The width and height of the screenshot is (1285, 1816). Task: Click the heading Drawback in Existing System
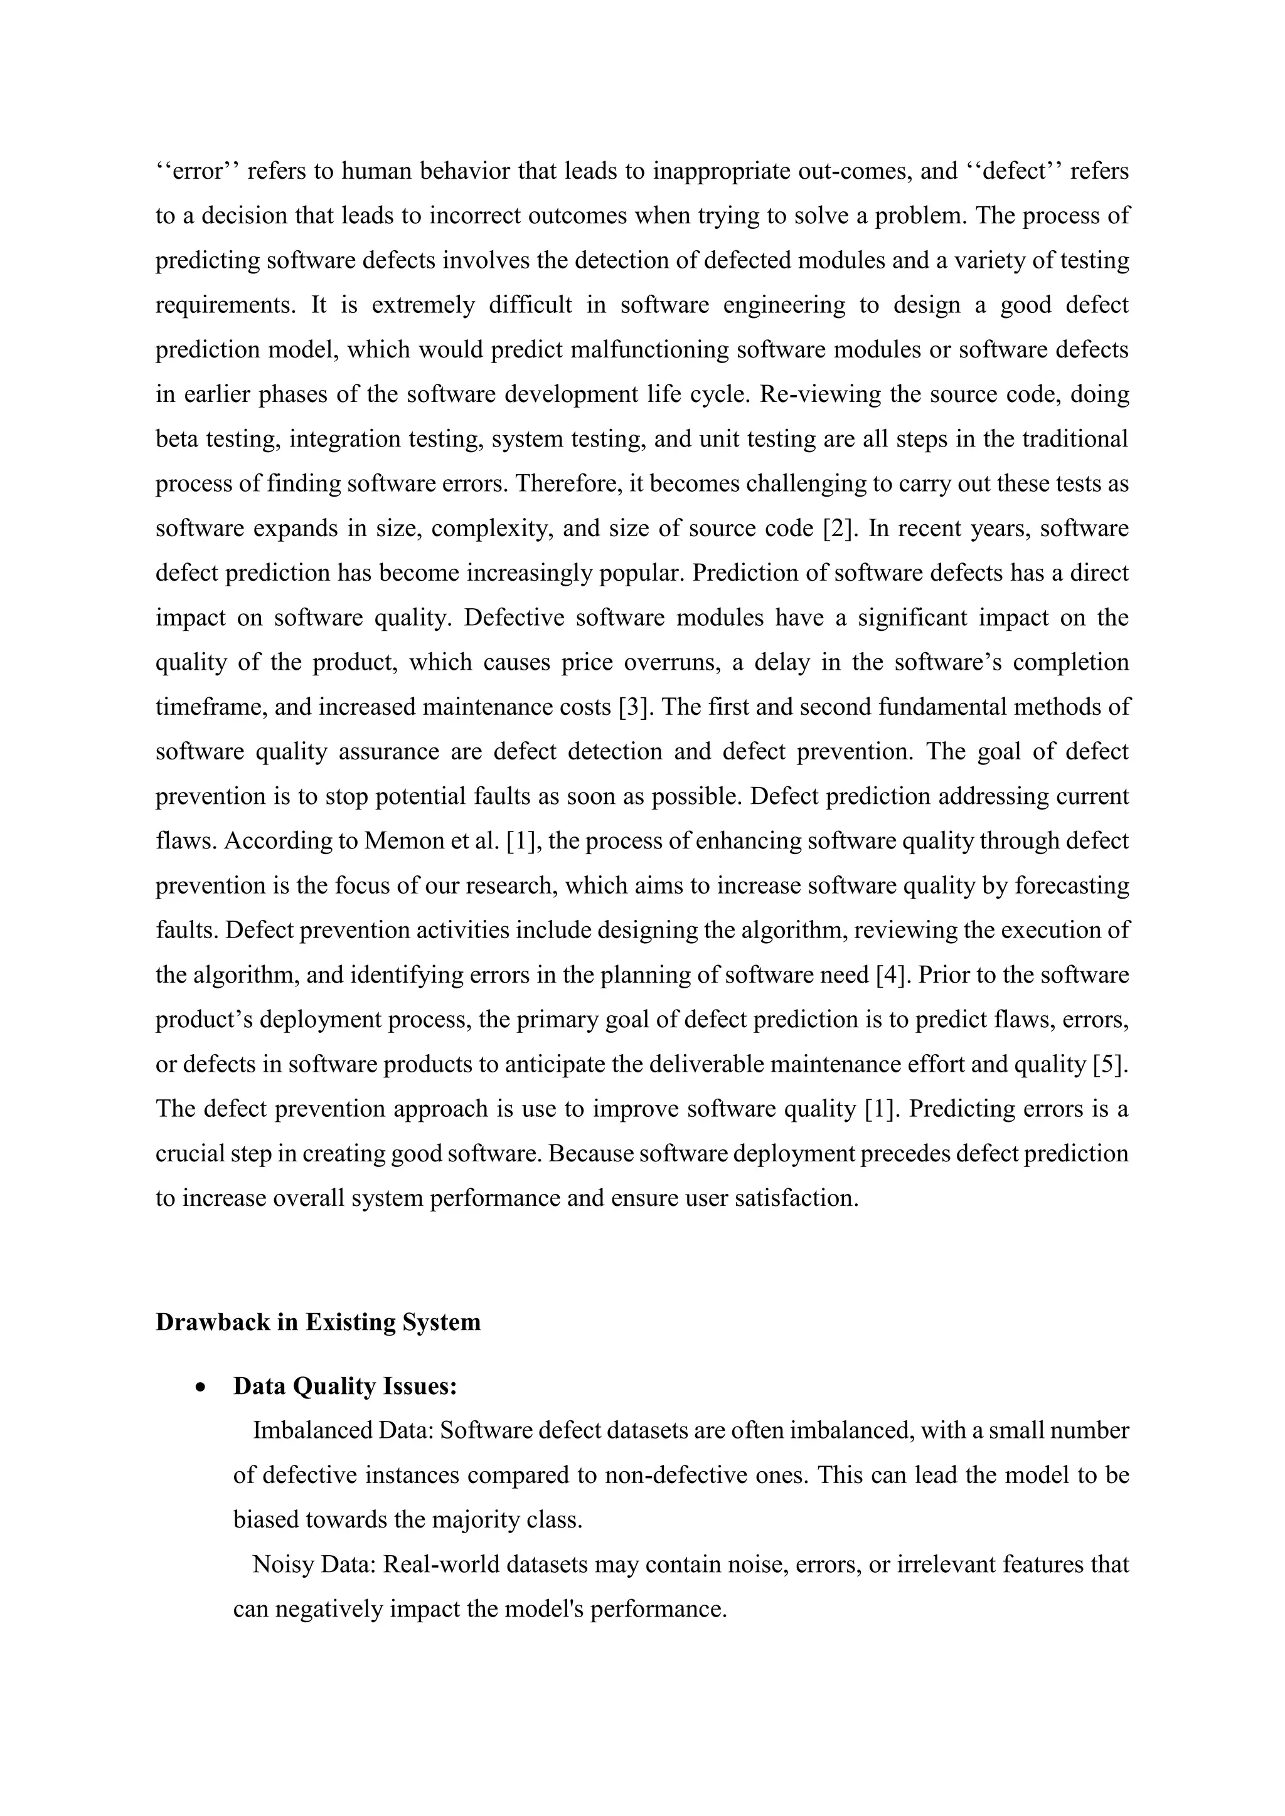[318, 1322]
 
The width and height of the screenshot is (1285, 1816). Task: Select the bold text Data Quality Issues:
[345, 1386]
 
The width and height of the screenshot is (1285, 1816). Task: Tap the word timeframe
[210, 706]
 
